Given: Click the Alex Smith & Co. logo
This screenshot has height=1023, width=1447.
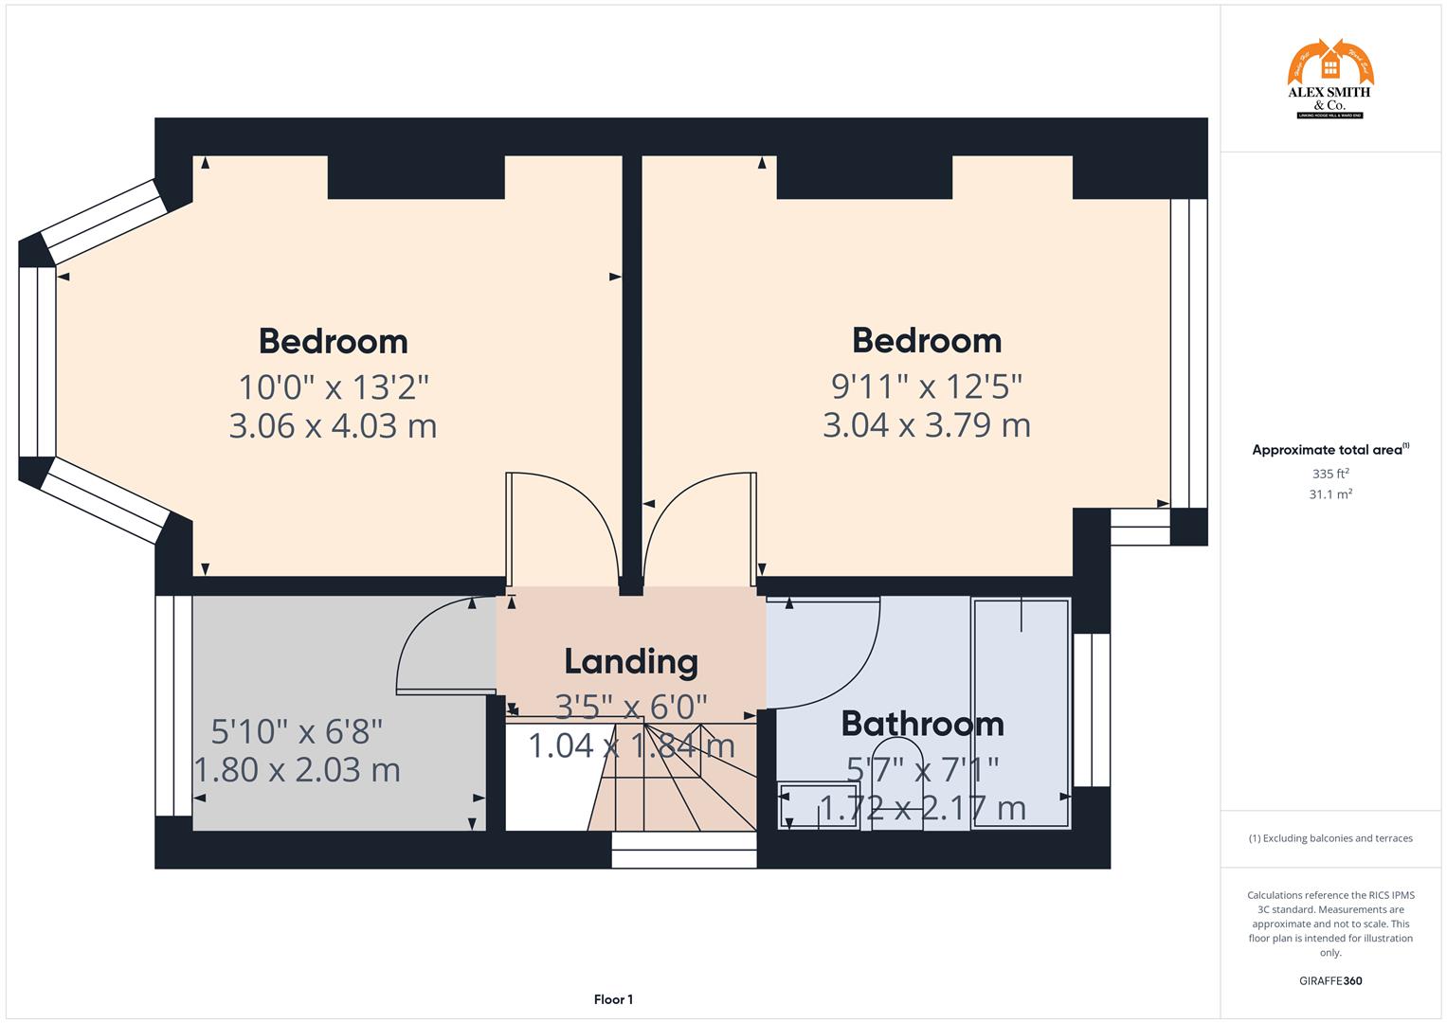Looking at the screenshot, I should click(1329, 80).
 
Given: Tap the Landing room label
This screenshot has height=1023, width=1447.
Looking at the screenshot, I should click(631, 661).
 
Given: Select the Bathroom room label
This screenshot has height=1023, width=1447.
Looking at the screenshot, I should click(922, 724).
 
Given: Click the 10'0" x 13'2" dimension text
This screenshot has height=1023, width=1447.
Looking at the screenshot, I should click(334, 387).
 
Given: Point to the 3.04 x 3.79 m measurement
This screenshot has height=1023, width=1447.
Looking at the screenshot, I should click(926, 425).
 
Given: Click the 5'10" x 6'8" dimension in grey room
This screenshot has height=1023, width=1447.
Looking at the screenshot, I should click(297, 731).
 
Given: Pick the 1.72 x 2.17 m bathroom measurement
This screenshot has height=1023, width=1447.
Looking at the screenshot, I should click(922, 808).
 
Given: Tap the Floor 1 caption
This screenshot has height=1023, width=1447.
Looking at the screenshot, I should click(613, 999).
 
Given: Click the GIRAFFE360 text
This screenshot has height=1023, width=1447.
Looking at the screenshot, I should click(1329, 980).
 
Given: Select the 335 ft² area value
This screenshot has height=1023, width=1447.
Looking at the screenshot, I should click(1329, 474).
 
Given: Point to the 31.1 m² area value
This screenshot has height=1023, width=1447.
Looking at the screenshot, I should click(1329, 494).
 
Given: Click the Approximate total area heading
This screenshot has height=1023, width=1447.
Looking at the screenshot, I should click(1329, 450).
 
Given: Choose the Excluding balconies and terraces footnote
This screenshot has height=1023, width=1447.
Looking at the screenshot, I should click(1329, 838).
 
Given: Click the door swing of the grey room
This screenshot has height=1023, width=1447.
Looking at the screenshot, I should click(436, 644).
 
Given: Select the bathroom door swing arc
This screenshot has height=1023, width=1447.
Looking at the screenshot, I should click(834, 663).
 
